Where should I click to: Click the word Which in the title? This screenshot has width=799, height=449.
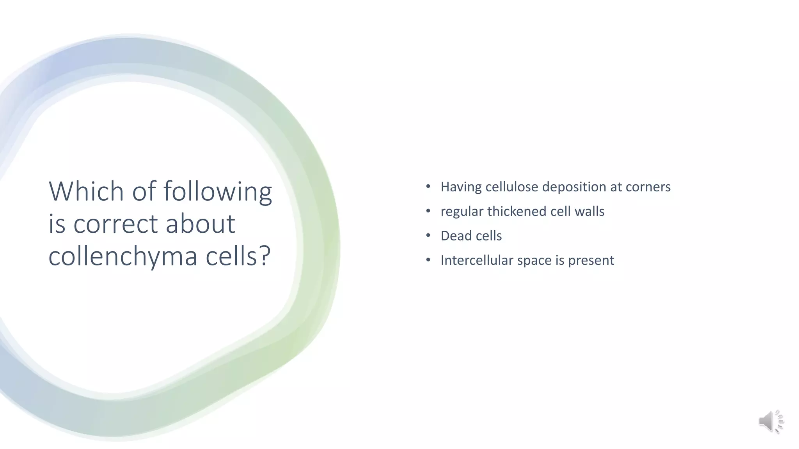pos(86,191)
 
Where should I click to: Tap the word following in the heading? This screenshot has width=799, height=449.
pos(217,192)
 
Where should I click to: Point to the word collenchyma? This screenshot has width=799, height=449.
pos(123,257)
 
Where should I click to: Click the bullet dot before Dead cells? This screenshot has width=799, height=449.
pos(428,235)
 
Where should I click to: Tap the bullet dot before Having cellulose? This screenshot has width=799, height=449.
pos(428,186)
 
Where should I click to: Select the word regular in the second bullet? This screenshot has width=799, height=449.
pos(462,212)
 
